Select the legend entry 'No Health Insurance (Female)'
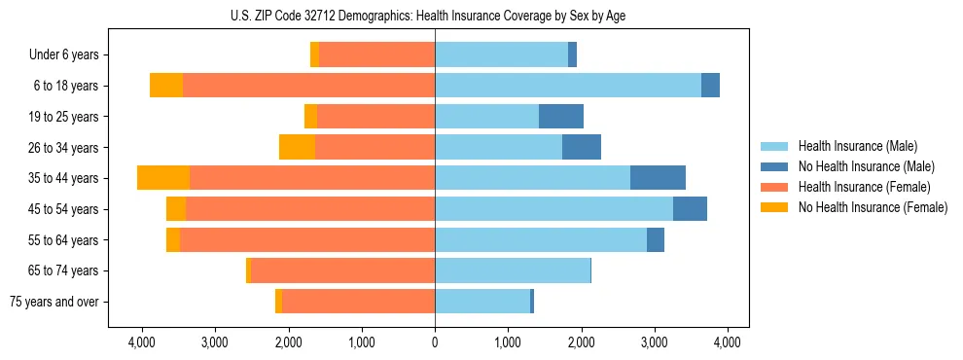pyautogui.click(x=872, y=207)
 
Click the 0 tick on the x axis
pyautogui.click(x=435, y=342)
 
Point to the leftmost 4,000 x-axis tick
pyautogui.click(x=142, y=342)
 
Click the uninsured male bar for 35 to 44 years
pyautogui.click(x=658, y=178)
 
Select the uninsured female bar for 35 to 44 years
pyautogui.click(x=163, y=178)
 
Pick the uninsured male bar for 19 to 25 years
pyautogui.click(x=561, y=117)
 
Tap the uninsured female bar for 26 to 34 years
pyautogui.click(x=297, y=147)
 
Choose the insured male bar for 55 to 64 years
pyautogui.click(x=541, y=239)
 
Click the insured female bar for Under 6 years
pyautogui.click(x=376, y=55)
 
